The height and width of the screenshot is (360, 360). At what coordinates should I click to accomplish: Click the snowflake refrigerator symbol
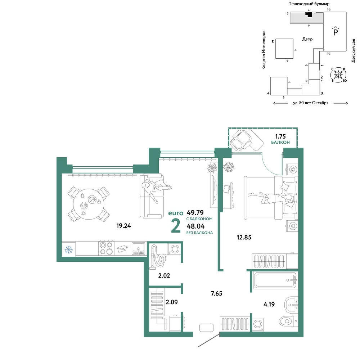tap(69, 249)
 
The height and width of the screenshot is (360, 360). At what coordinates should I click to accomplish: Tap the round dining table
tap(89, 204)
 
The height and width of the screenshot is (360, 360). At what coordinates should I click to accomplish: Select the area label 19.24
tap(123, 226)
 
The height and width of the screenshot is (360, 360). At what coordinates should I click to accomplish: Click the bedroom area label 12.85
tap(244, 237)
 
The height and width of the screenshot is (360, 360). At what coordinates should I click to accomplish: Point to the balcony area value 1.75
tap(280, 136)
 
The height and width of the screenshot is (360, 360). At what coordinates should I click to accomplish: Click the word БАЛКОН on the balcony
tap(280, 142)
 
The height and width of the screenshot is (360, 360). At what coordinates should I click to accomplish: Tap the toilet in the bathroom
tap(288, 320)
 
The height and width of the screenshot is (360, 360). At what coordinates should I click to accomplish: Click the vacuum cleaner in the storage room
tap(158, 256)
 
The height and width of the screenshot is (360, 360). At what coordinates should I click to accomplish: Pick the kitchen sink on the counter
tap(139, 248)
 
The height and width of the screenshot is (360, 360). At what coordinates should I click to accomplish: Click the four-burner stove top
tap(107, 248)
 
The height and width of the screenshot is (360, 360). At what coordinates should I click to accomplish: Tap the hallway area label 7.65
tap(216, 293)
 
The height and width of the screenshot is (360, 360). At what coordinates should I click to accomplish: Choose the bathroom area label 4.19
tap(269, 304)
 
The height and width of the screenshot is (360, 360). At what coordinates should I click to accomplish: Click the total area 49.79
tap(195, 212)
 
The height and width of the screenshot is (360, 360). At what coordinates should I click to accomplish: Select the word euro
tap(176, 213)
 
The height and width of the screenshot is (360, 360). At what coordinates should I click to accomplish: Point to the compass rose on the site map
tap(338, 75)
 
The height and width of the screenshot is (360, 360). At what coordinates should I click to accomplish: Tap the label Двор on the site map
tap(307, 39)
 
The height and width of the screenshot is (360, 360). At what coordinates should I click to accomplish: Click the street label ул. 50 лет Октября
tap(311, 103)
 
